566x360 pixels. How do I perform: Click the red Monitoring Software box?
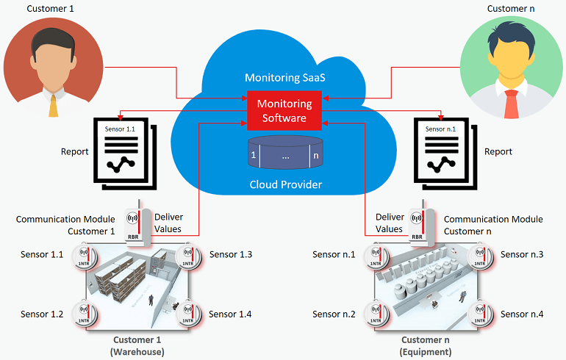pyautogui.click(x=283, y=110)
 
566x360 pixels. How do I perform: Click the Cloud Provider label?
pyautogui.click(x=283, y=184)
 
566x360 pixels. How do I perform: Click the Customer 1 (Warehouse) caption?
pyautogui.click(x=137, y=346)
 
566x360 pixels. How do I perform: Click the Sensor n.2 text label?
pyautogui.click(x=334, y=314)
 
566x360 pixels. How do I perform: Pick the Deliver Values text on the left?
pyautogui.click(x=168, y=223)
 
